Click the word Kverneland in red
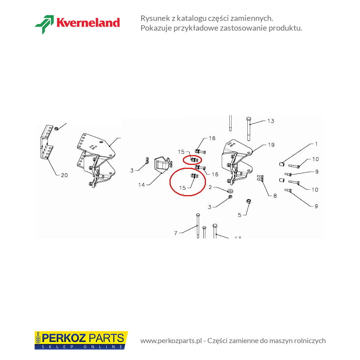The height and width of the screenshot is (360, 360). [88, 23]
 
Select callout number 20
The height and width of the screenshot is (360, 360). [64, 175]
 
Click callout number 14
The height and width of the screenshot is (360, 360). [141, 185]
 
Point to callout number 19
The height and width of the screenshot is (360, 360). [271, 145]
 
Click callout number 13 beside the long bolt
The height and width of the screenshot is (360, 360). [271, 121]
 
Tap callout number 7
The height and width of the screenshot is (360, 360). [176, 233]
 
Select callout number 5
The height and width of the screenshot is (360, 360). [239, 215]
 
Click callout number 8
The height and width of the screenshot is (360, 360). [275, 195]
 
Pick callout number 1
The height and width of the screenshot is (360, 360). [316, 144]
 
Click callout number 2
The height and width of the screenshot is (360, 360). [210, 187]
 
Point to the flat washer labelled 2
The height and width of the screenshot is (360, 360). [230, 191]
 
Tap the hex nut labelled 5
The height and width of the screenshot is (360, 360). [248, 201]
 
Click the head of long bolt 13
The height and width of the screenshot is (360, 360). [248, 119]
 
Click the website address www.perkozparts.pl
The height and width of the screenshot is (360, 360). [171, 341]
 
